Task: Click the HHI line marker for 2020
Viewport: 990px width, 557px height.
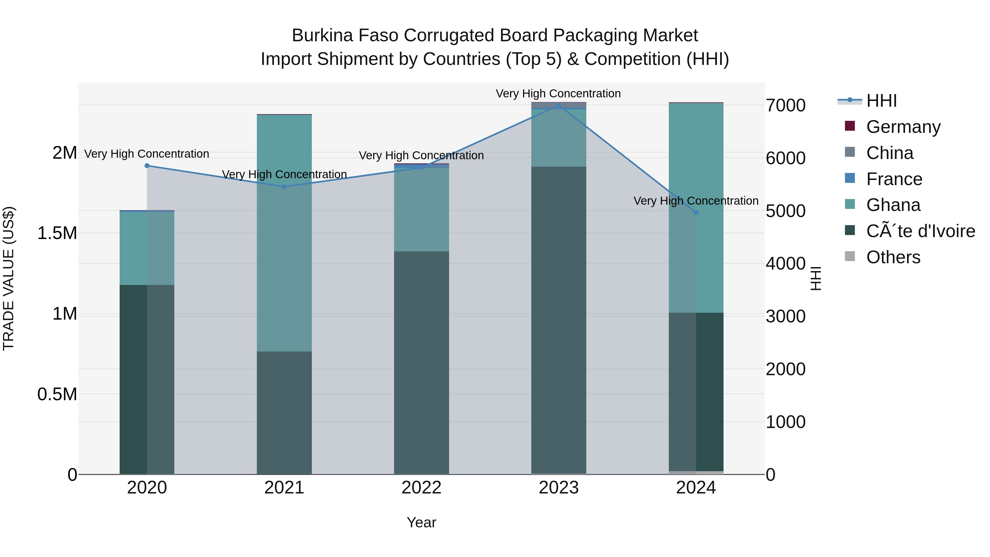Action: (x=147, y=166)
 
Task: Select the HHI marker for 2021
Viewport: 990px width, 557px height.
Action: (x=284, y=187)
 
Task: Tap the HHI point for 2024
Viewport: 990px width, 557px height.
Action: (x=696, y=213)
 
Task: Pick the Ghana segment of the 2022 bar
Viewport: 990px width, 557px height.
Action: (x=422, y=210)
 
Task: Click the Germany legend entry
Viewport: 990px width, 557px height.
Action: (x=903, y=127)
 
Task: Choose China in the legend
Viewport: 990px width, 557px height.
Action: (x=889, y=153)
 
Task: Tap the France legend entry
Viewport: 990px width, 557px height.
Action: (x=894, y=179)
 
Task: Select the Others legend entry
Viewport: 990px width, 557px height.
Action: (x=893, y=257)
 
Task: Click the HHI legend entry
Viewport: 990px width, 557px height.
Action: (x=881, y=100)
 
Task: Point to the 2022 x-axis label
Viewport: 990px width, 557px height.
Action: (x=422, y=487)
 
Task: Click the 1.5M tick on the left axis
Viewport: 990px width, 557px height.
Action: (x=57, y=233)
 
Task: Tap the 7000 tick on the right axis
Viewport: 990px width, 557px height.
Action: (x=786, y=105)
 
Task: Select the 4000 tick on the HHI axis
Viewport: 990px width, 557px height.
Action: (x=786, y=264)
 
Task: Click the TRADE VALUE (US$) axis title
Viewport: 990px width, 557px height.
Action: (x=9, y=278)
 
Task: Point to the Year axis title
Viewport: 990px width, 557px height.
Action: (x=422, y=522)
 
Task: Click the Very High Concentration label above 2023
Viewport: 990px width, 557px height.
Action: (x=558, y=94)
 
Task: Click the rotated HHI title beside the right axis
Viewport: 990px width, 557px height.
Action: (x=816, y=278)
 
